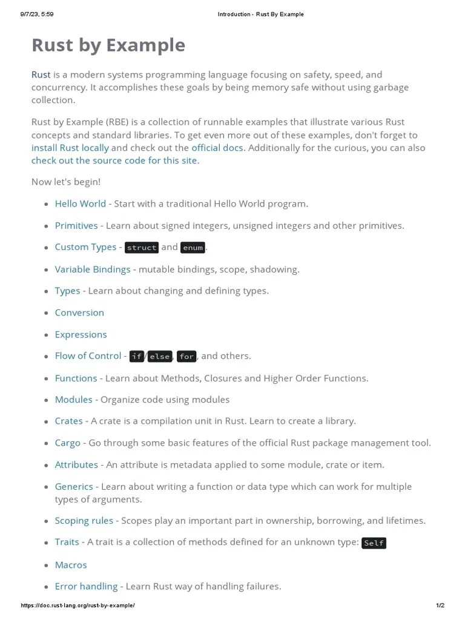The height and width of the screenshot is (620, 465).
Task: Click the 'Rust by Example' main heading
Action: coord(108,45)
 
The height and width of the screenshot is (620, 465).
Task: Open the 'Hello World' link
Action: coord(80,203)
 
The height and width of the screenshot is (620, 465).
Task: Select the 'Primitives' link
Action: coord(76,225)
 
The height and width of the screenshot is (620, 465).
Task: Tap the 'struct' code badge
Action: coord(142,248)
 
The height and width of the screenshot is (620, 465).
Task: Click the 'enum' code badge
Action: coord(193,248)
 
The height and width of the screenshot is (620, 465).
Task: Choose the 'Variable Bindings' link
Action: coord(93,269)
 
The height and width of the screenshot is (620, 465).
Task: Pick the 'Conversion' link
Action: coord(79,312)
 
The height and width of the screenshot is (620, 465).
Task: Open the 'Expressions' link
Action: coord(81,334)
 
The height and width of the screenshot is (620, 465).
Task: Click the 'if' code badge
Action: coord(137,357)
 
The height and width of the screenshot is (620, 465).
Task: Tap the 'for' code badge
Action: coord(186,357)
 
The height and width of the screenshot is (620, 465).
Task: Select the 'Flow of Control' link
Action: coord(88,356)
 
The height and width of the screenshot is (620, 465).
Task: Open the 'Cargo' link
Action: coord(67,443)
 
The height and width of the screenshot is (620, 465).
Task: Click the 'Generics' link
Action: coord(74,486)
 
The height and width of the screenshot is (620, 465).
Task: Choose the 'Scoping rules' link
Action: coord(84,521)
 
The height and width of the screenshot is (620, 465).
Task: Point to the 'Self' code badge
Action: coord(374,543)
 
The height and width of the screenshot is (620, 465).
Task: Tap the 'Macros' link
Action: coord(71,565)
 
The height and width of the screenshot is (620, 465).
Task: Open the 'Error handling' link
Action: coord(86,586)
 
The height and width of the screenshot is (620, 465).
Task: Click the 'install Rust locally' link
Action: coord(70,148)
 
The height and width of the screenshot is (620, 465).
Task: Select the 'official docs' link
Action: coord(217,148)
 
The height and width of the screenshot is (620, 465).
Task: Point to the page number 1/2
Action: coord(440,605)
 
